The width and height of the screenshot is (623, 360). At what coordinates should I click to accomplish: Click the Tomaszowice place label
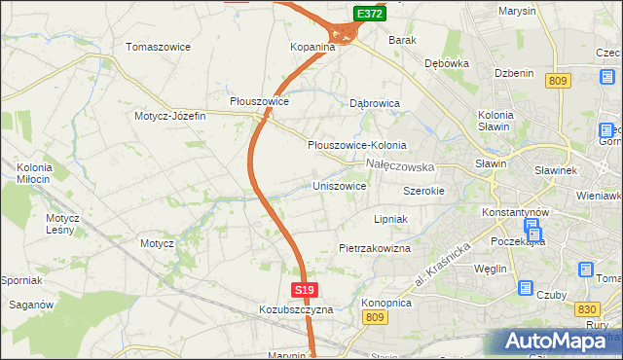click(x=158, y=47)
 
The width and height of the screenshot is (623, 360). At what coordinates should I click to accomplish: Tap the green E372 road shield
click(x=368, y=14)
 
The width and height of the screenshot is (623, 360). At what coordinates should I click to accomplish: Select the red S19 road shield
click(x=304, y=290)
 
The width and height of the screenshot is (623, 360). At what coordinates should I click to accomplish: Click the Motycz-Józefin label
click(x=170, y=116)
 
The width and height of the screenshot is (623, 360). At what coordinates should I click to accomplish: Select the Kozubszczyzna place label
click(x=296, y=309)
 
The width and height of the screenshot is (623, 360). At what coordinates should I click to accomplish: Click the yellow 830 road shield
click(x=585, y=309)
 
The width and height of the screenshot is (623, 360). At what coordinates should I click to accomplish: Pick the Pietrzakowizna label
click(x=375, y=249)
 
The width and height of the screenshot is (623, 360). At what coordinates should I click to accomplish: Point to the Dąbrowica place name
click(x=375, y=101)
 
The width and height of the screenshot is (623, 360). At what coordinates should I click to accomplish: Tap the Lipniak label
click(x=389, y=220)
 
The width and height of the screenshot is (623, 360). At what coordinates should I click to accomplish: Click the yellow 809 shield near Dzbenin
click(x=557, y=82)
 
